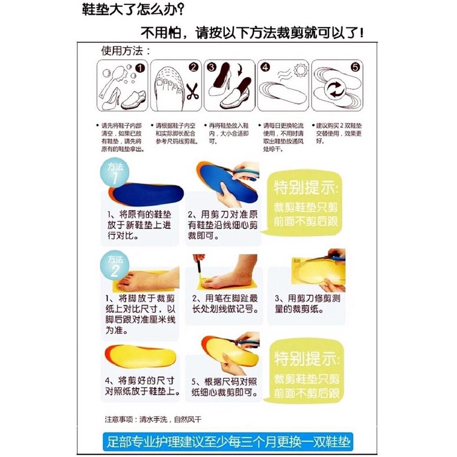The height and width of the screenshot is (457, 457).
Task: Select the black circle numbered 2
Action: pos(194,68)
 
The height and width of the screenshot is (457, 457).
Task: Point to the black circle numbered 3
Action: pos(211,68)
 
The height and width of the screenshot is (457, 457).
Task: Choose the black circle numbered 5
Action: pos(355,68)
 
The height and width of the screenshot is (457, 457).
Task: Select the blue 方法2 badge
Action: pos(115,266)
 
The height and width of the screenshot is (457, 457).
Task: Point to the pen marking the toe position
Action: pos(199,269)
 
